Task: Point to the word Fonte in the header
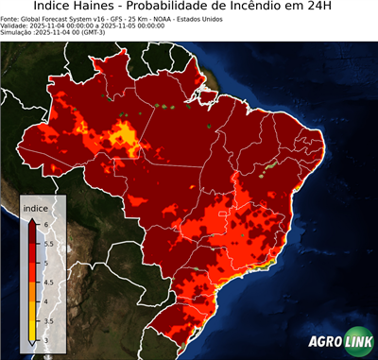click(x=10, y=18)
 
